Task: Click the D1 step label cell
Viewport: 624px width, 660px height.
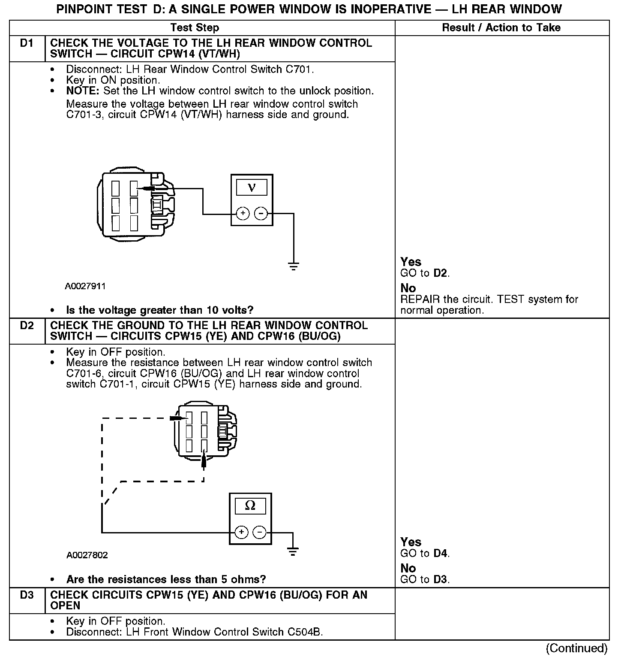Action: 27,44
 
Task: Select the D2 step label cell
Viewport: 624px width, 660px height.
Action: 27,326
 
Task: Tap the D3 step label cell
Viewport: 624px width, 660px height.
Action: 27,596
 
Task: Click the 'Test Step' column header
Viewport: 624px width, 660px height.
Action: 195,28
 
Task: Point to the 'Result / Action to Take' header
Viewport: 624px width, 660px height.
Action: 501,28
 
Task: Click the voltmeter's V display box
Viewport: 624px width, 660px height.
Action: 252,188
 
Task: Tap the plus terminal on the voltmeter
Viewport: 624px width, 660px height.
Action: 243,213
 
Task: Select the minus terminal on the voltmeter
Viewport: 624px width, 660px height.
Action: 261,213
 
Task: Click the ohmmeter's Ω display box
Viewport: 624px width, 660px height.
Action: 250,506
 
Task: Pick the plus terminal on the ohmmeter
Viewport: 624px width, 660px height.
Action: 242,533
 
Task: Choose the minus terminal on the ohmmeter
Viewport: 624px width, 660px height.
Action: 259,533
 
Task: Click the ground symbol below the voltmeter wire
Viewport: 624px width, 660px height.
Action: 294,266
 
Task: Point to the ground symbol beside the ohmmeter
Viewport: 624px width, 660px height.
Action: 293,551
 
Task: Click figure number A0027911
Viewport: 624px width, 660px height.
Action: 85,286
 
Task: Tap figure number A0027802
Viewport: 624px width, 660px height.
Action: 87,555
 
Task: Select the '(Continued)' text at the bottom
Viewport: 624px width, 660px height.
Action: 577,648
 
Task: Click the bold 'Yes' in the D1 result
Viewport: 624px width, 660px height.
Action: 411,262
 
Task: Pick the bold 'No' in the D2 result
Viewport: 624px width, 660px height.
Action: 408,568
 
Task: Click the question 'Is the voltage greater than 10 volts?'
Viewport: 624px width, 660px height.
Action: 159,310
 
